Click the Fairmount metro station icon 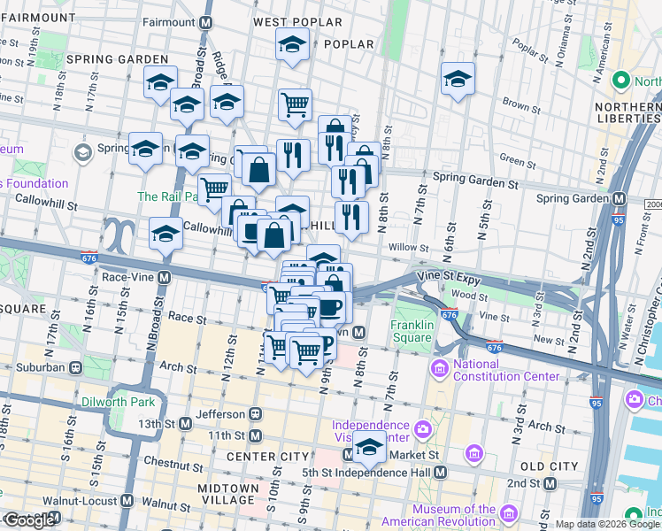pos(206,21)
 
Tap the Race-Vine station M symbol pos(165,277)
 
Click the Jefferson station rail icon pos(255,413)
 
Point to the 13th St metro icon pos(184,424)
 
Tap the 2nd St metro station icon pos(550,483)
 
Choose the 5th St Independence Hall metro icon pos(440,473)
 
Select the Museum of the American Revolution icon pos(509,514)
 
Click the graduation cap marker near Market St pos(369,448)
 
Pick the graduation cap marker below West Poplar pos(292,45)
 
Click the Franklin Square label pos(412,330)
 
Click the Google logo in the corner pos(29,520)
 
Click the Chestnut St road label pos(142,462)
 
